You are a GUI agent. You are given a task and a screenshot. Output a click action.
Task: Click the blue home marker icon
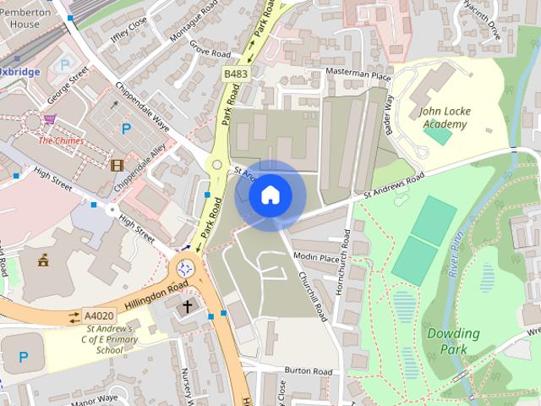[x=270, y=195]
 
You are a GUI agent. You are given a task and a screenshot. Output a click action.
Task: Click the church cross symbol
[x=187, y=306]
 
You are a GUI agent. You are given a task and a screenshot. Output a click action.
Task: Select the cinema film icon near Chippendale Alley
[x=117, y=164]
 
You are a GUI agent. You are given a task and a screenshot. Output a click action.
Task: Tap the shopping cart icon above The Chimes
[x=50, y=120]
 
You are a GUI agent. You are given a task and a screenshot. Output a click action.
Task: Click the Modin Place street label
[x=316, y=257]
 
